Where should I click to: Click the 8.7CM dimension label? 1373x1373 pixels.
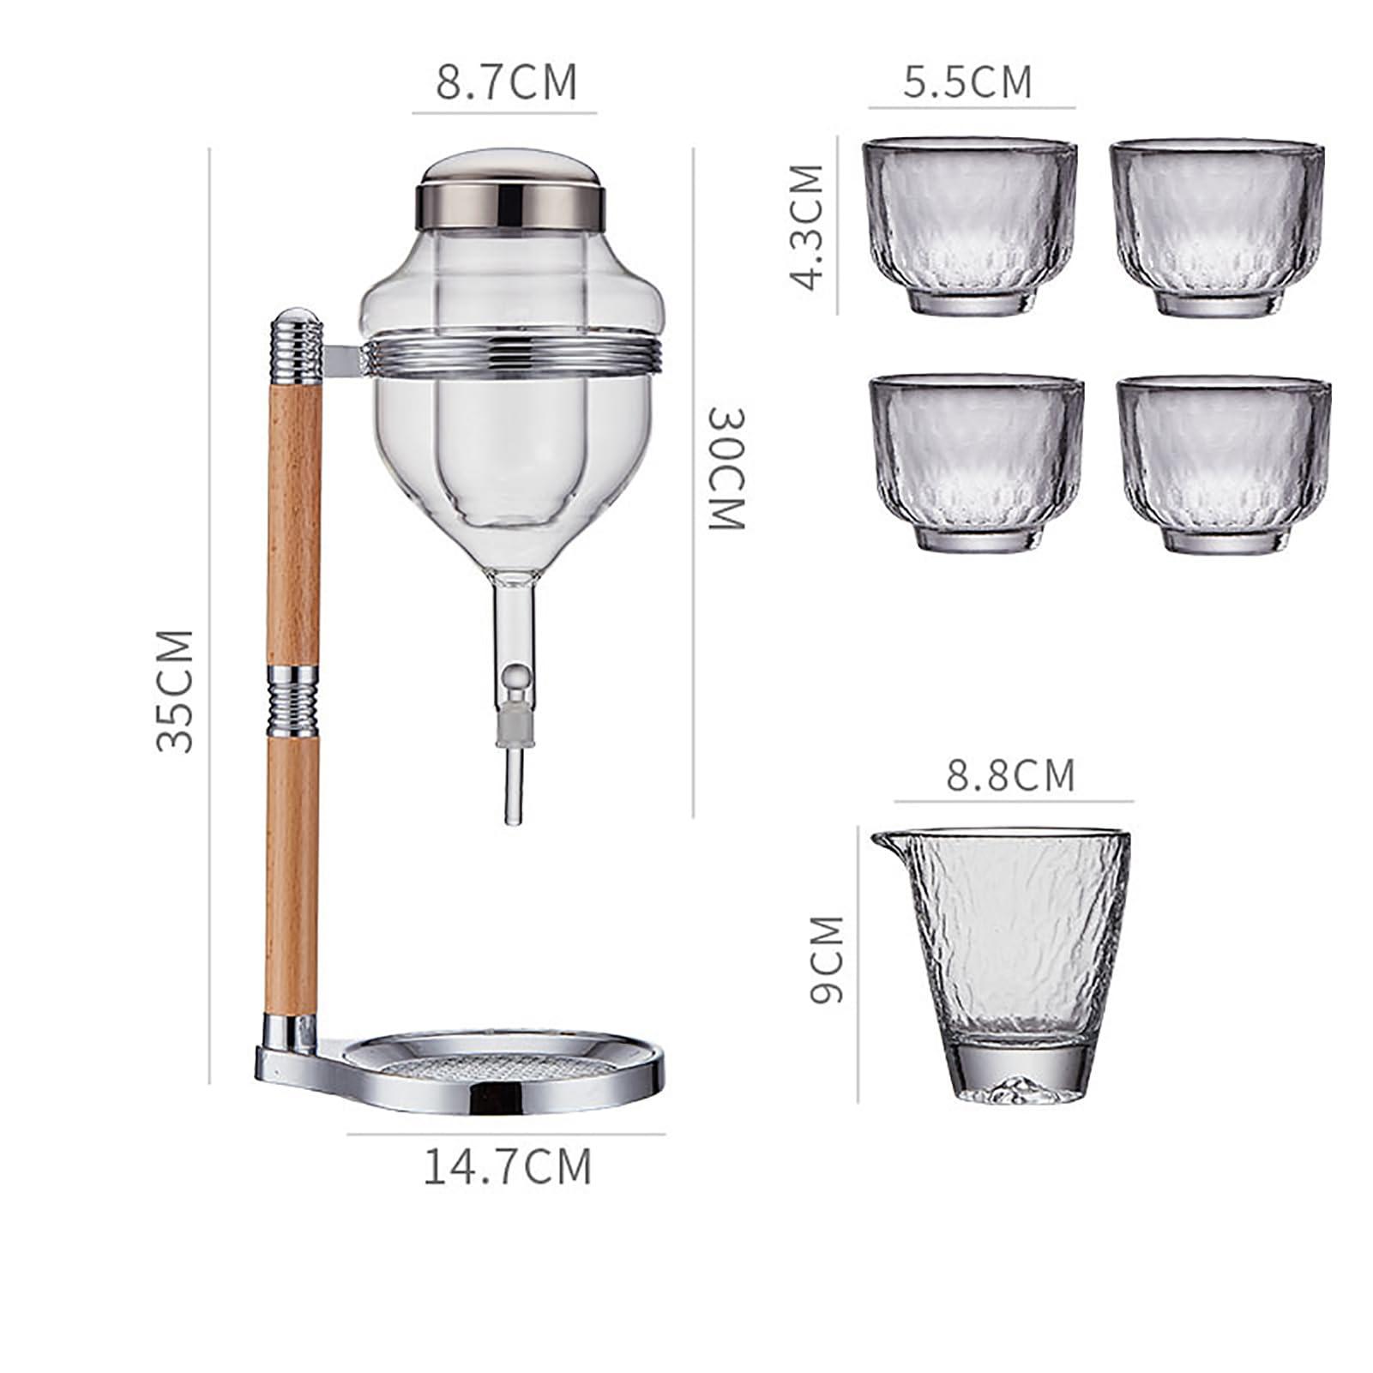[506, 81]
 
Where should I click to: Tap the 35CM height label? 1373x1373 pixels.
[176, 690]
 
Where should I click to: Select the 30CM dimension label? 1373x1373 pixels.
[726, 469]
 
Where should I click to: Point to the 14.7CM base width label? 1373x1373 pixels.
[508, 1166]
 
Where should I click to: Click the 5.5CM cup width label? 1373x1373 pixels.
[967, 81]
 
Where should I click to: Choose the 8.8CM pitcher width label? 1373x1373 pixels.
[1010, 774]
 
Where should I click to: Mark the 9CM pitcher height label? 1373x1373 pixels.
[826, 959]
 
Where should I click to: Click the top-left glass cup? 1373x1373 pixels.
[973, 227]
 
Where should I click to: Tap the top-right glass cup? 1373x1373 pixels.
[1216, 227]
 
